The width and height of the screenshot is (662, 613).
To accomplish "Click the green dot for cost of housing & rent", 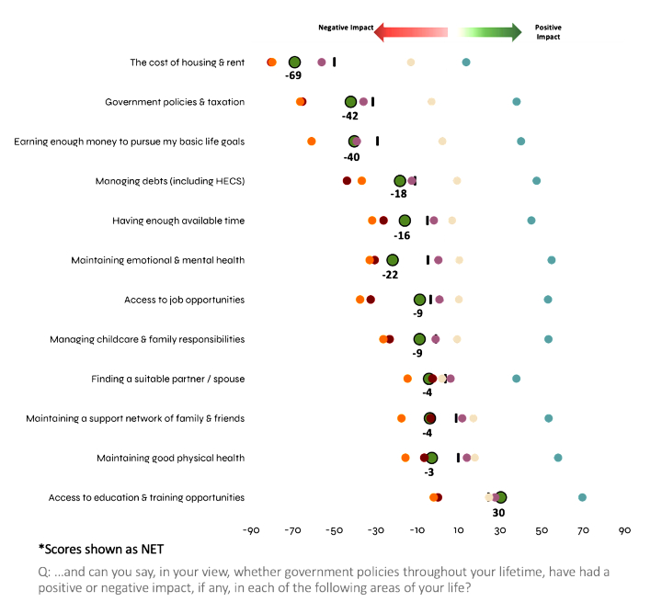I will [x=294, y=62].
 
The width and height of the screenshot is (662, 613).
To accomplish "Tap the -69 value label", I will [x=294, y=75].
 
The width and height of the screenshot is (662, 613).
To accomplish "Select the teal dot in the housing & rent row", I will [x=466, y=62].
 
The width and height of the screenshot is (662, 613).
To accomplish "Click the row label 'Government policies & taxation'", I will [x=175, y=102].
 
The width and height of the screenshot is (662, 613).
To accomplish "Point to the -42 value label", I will [x=350, y=116].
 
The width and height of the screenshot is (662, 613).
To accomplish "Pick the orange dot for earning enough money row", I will [x=312, y=142].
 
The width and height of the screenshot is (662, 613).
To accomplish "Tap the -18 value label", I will [x=399, y=194].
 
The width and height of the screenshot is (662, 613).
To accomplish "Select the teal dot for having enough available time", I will [x=531, y=221].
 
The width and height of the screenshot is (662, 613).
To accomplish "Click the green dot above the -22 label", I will [x=393, y=260].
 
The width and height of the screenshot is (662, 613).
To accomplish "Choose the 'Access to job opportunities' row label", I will [x=184, y=300].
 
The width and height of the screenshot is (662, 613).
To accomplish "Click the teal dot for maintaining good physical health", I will [x=558, y=458].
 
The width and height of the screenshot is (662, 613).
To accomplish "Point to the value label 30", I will [x=501, y=512].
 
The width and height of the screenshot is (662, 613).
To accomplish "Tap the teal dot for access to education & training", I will [x=582, y=497].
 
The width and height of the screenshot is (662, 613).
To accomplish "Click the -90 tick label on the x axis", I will [x=250, y=530].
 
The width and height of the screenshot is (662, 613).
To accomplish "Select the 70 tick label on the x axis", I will [x=583, y=530].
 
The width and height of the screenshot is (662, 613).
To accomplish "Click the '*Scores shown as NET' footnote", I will [x=101, y=550].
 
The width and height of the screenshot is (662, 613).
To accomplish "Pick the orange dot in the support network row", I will [x=402, y=418].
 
